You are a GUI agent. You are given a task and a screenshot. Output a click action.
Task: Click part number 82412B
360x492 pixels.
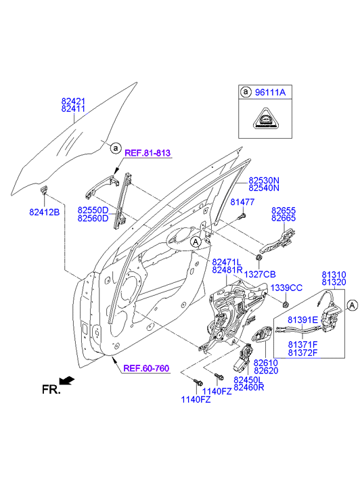[44, 213]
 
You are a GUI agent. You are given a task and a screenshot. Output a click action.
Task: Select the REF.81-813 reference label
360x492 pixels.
[148, 153]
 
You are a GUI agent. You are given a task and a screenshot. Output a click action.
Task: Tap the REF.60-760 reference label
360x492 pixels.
[146, 368]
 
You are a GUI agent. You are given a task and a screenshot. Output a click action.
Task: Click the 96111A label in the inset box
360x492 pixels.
[270, 92]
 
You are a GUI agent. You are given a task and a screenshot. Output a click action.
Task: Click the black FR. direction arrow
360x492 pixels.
[67, 380]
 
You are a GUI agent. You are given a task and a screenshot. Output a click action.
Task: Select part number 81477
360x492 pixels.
[242, 202]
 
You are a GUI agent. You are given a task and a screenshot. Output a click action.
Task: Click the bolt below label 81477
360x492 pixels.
[242, 216]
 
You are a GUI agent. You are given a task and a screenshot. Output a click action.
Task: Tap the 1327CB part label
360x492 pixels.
[260, 274]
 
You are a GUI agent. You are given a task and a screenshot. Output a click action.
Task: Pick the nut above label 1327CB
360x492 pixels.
[259, 258]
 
